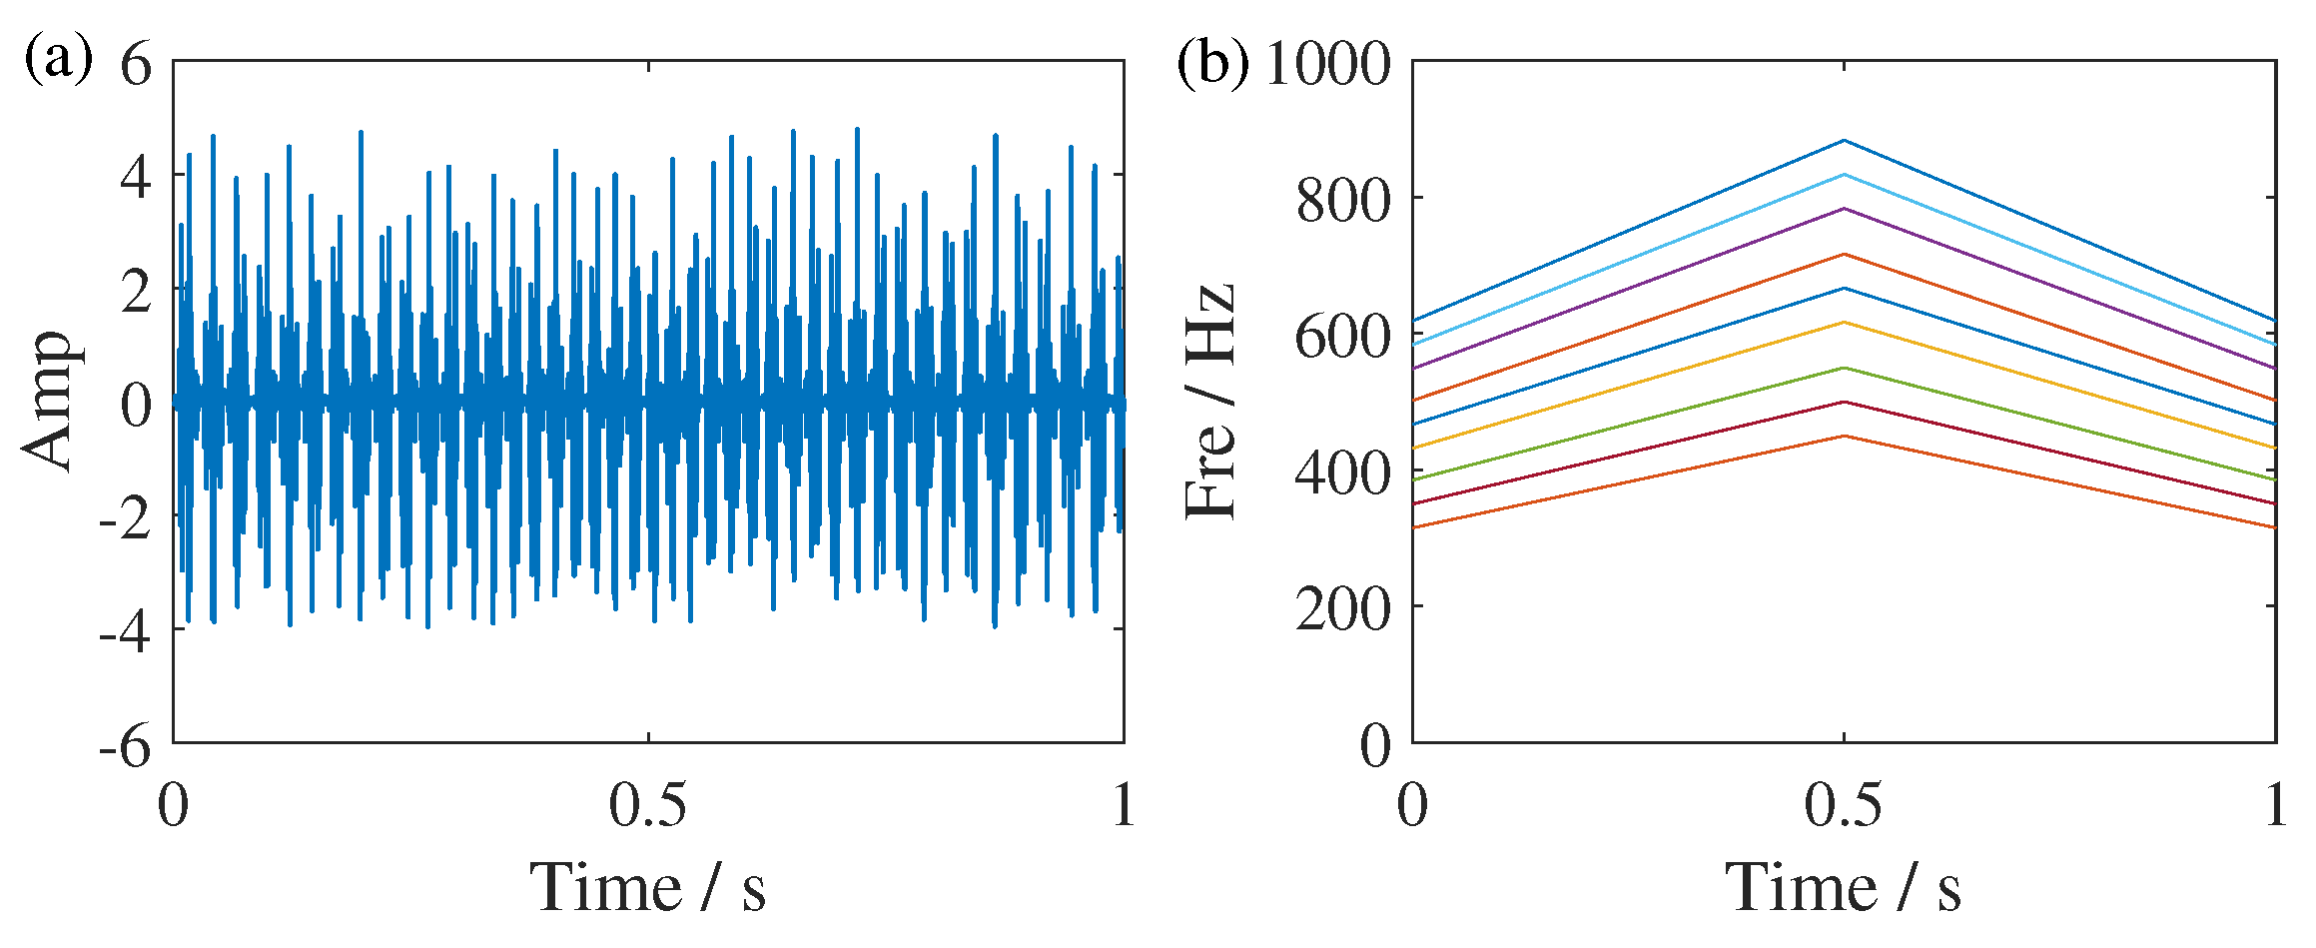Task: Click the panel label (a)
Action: tap(58, 60)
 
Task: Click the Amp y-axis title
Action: tap(50, 401)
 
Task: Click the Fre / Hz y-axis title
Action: tap(1210, 401)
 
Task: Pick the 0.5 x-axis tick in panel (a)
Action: tap(648, 805)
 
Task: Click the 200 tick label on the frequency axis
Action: tap(1343, 608)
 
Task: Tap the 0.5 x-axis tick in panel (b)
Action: tap(1844, 805)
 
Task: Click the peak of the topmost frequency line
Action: tap(1844, 141)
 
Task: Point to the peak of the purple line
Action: tap(1844, 209)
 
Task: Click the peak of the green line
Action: tap(1844, 368)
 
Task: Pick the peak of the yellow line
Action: tap(1844, 322)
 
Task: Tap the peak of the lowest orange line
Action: tap(1844, 436)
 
